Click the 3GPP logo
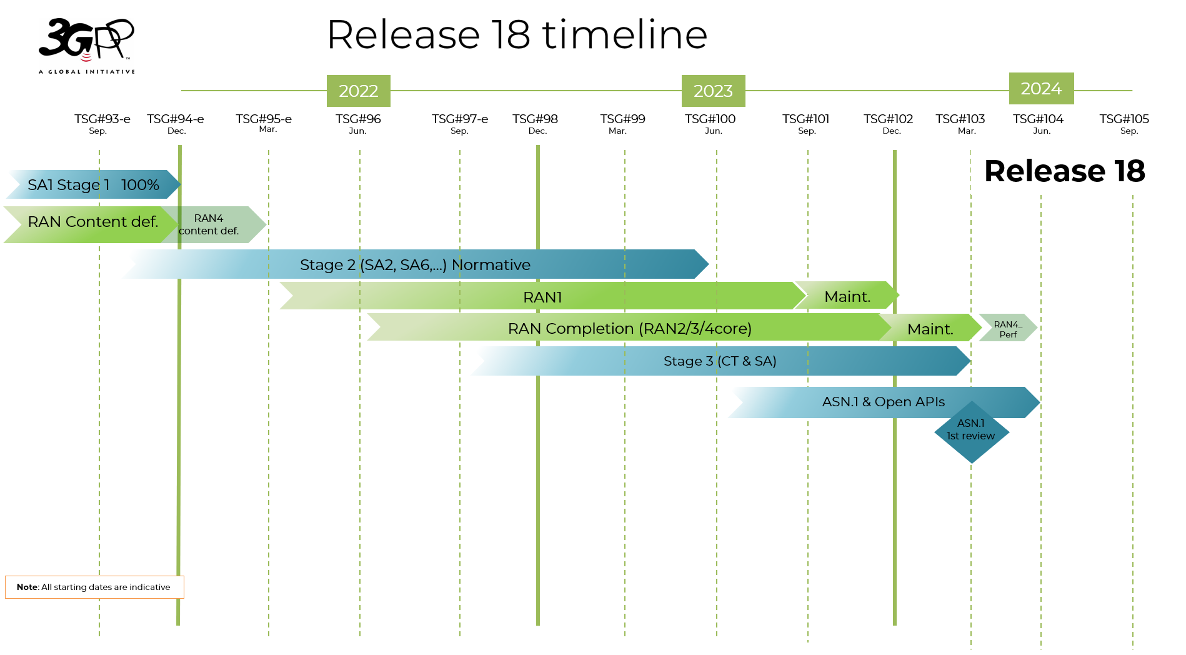(86, 46)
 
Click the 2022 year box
(358, 91)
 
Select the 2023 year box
(713, 91)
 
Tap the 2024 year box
(1041, 89)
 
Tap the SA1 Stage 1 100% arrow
(93, 185)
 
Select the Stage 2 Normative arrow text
(415, 265)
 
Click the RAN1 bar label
(542, 297)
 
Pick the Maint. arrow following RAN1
(847, 296)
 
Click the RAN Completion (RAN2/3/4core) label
(629, 328)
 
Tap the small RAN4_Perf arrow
(1007, 329)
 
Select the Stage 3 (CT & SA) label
(719, 361)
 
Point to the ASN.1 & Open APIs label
(883, 402)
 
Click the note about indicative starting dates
(94, 587)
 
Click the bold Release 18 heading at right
(1064, 171)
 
